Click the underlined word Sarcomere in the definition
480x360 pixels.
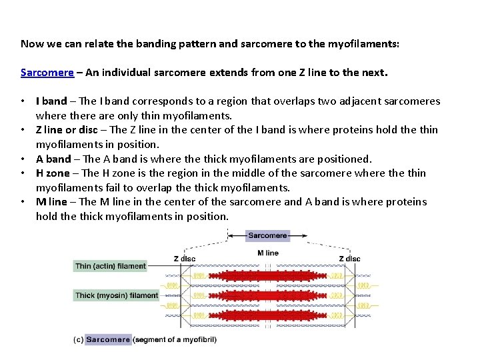click(x=47, y=73)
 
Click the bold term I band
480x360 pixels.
click(x=51, y=101)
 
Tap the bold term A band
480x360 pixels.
click(x=53, y=159)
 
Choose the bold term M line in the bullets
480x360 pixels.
click(x=52, y=202)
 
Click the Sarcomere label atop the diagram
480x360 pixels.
click(x=267, y=235)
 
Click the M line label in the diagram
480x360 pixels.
click(x=268, y=253)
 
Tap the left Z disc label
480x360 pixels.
click(x=185, y=258)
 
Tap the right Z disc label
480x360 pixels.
click(x=349, y=258)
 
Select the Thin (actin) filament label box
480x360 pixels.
click(x=110, y=266)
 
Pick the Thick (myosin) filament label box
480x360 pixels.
click(x=117, y=295)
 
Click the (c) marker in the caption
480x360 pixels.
click(x=78, y=339)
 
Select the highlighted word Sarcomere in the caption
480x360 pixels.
click(x=108, y=339)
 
